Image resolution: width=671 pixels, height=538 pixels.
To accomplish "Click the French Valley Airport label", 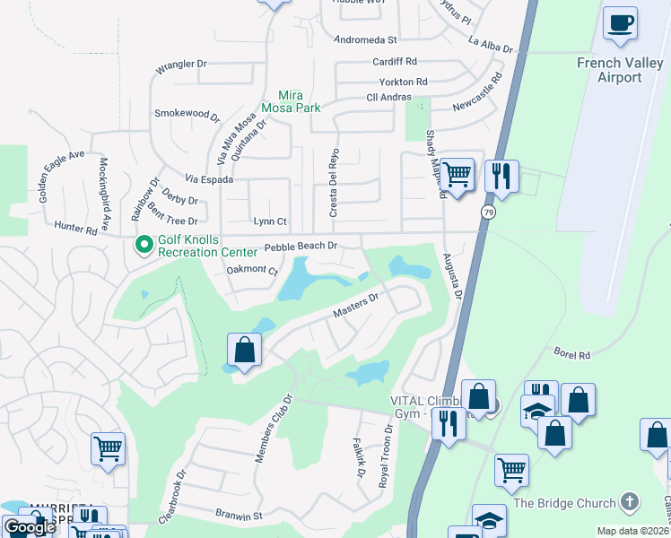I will point(621,70).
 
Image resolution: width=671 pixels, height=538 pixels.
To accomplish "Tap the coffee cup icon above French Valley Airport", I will point(619,23).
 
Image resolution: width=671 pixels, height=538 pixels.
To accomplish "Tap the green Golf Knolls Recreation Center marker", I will point(143,244).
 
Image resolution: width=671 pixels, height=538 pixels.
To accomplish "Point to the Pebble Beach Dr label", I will point(300,246).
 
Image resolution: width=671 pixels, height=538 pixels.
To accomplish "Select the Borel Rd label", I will point(571,355).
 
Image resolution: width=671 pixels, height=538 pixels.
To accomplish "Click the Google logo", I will point(29,527).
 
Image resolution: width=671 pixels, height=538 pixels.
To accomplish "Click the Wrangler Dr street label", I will point(181,65).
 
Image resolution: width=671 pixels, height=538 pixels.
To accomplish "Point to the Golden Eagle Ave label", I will point(62,168).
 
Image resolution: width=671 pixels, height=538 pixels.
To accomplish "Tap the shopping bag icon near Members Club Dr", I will point(244,351).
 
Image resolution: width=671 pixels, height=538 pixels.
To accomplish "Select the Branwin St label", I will point(238,516).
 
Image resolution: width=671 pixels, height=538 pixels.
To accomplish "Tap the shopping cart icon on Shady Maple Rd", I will point(457,174).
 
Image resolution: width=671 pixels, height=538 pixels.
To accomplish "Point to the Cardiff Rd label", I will point(396,62).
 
